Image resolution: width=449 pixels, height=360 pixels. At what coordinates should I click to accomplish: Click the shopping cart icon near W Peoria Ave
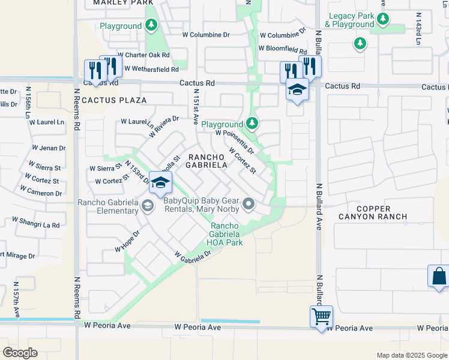[321, 316]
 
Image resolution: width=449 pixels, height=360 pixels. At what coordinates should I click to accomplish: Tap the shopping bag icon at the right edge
[438, 276]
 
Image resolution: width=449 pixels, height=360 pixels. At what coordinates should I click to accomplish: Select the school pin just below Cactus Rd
[297, 90]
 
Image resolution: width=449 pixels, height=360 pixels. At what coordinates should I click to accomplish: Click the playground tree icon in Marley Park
[152, 26]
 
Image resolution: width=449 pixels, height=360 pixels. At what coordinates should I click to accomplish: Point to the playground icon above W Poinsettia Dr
[252, 124]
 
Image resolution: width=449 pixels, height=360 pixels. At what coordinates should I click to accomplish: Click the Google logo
[20, 353]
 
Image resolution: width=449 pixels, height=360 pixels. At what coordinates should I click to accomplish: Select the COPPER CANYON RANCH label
[372, 211]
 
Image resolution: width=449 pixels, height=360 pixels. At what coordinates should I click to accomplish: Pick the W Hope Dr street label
[127, 241]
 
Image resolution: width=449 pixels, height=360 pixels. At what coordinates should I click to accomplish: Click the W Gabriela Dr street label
[193, 254]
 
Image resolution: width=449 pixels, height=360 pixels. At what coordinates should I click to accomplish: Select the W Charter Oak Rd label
[143, 55]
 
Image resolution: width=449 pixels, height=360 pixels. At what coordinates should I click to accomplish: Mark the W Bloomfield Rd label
[282, 48]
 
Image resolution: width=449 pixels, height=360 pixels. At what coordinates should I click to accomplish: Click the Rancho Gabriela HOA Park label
[225, 234]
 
